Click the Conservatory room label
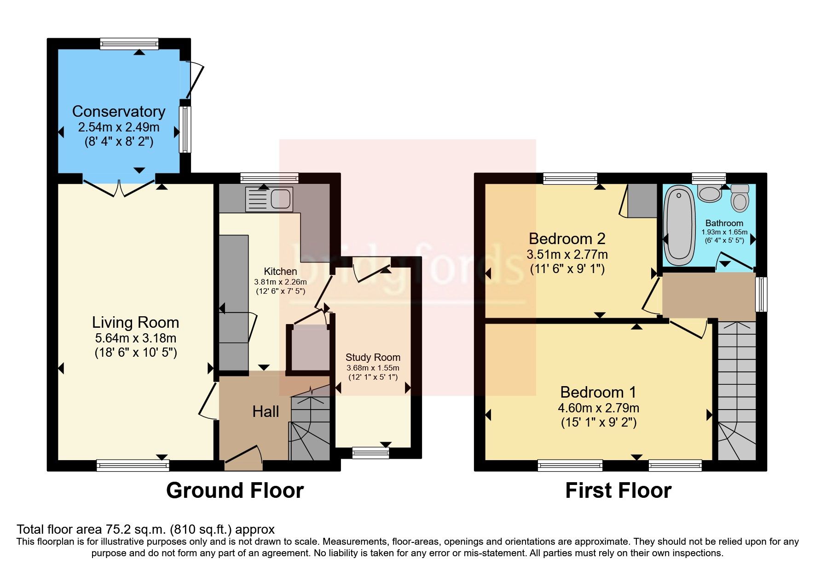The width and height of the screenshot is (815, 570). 119,112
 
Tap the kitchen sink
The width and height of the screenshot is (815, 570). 269,199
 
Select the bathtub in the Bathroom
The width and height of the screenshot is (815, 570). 679,225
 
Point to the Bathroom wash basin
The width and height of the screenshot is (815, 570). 709,193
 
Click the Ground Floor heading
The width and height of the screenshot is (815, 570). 235,490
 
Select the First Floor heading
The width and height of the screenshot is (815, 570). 618,490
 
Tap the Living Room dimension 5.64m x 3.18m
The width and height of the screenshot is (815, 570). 135,338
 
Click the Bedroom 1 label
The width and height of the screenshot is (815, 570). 598,392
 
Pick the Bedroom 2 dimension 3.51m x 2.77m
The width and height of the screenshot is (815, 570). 567,254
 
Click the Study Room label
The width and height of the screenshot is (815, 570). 373,357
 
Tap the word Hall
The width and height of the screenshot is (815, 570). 266,411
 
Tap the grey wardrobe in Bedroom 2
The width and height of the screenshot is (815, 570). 642,200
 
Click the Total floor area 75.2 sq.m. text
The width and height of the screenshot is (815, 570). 145,530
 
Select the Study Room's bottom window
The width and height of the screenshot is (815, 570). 370,453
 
